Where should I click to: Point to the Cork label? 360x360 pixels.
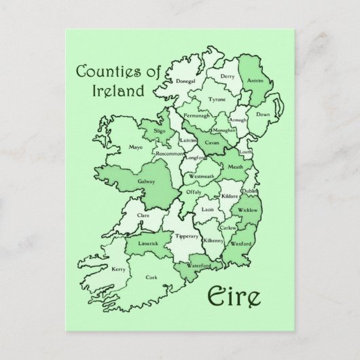point(151,276)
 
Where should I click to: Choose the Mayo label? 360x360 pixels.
point(136,146)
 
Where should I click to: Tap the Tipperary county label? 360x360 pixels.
point(187,236)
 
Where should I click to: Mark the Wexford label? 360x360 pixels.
point(241,243)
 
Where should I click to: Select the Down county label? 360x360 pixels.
point(263,115)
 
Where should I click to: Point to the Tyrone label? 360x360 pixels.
point(217,99)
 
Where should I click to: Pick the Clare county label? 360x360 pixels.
point(143,215)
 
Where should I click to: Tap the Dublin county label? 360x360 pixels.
point(249,193)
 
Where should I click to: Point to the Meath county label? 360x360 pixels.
point(235,166)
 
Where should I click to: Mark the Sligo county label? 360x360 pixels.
point(160,128)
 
